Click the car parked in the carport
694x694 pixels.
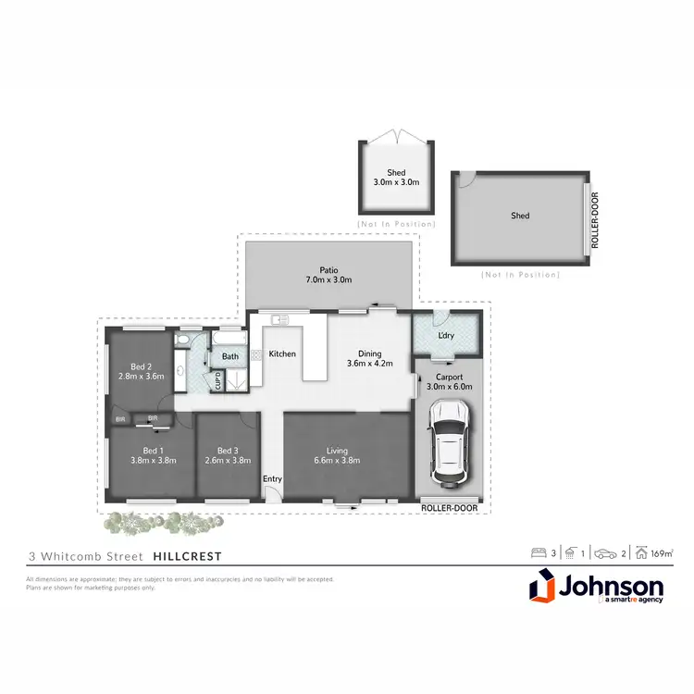(448, 443)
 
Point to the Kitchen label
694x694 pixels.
(282, 354)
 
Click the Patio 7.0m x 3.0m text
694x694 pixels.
(329, 275)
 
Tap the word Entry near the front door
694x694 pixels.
(272, 478)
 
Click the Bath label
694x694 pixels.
(229, 356)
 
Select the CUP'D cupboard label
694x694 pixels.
(217, 379)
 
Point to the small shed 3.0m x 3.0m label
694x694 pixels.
(396, 177)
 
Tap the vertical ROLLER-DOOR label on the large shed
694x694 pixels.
(594, 221)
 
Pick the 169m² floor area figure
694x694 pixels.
(660, 553)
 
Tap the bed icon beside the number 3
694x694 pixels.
(539, 553)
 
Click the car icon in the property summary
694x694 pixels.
(606, 553)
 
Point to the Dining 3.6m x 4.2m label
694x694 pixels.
(369, 357)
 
